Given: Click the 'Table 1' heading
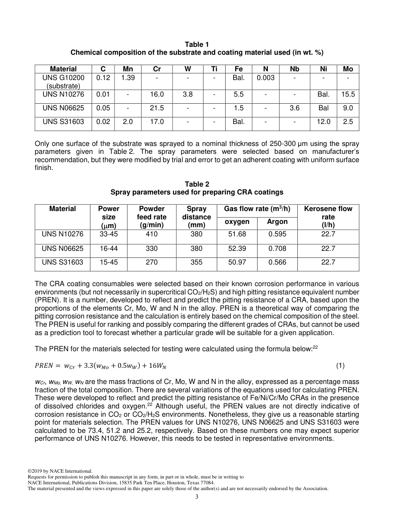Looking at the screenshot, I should pyautogui.click(x=197, y=44).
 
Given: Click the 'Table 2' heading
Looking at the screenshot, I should pyautogui.click(x=197, y=184).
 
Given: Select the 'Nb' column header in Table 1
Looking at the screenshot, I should pyautogui.click(x=294, y=69).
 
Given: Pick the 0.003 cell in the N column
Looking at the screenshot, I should pyautogui.click(x=265, y=78).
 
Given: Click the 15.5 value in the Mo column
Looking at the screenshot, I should pyautogui.click(x=348, y=95).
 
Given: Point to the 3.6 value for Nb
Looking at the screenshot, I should pyautogui.click(x=294, y=108).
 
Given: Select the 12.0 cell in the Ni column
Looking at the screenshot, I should pyautogui.click(x=323, y=122).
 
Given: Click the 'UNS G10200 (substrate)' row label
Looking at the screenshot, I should pyautogui.click(x=63, y=82).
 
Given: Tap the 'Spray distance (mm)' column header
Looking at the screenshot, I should pyautogui.click(x=196, y=217).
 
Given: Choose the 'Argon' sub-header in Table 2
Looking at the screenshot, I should pyautogui.click(x=277, y=222).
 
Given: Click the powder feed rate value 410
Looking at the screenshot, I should pyautogui.click(x=152, y=234).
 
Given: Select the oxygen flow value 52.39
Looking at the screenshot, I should pyautogui.click(x=237, y=249).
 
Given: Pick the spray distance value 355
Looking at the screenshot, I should pyautogui.click(x=196, y=262).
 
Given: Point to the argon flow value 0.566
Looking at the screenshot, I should pyautogui.click(x=277, y=262).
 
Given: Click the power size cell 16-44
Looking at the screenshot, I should pyautogui.click(x=109, y=249).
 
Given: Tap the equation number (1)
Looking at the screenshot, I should pyautogui.click(x=340, y=366).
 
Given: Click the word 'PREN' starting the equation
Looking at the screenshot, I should pyautogui.click(x=44, y=366).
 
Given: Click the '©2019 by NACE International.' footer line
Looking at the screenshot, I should pyautogui.click(x=60, y=471).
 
